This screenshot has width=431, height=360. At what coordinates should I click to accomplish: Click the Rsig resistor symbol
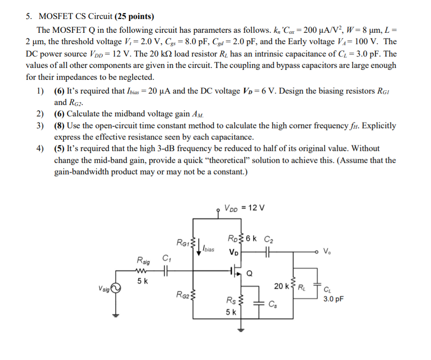coord(142,271)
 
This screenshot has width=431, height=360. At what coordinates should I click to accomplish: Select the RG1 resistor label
coord(182,243)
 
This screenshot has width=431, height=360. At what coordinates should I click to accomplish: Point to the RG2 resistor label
coord(183,295)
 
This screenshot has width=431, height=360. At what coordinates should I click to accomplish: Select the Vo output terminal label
coord(328,250)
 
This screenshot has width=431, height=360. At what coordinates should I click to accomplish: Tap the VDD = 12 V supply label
coord(244,208)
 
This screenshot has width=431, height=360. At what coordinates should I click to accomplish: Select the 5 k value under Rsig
coord(142,281)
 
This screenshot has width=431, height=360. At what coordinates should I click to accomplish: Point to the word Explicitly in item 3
coord(378,126)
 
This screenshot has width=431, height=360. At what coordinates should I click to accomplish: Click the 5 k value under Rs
coord(231,312)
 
